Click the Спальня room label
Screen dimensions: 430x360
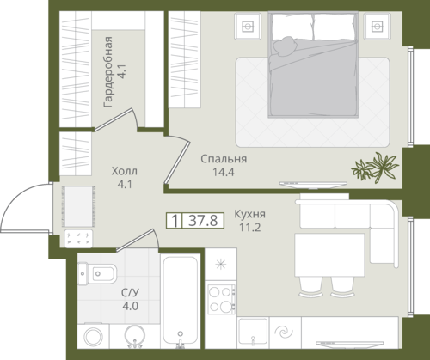224,159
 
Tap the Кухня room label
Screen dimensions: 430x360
249,214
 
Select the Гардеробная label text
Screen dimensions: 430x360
108,72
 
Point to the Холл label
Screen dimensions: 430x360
125,171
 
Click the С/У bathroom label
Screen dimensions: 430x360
130,293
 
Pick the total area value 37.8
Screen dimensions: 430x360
203,221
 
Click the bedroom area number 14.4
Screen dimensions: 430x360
224,172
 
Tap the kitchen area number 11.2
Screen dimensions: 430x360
250,228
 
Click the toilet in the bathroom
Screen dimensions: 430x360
97,273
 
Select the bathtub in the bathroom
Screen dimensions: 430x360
181,301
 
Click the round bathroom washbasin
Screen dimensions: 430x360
135,336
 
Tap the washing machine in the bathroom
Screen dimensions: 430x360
93,336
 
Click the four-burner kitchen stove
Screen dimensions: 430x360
221,299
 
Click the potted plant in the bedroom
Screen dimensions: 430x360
375,168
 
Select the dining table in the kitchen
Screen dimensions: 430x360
329,255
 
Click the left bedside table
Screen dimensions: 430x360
248,26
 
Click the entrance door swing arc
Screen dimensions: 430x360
17,198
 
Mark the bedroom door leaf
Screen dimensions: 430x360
177,162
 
